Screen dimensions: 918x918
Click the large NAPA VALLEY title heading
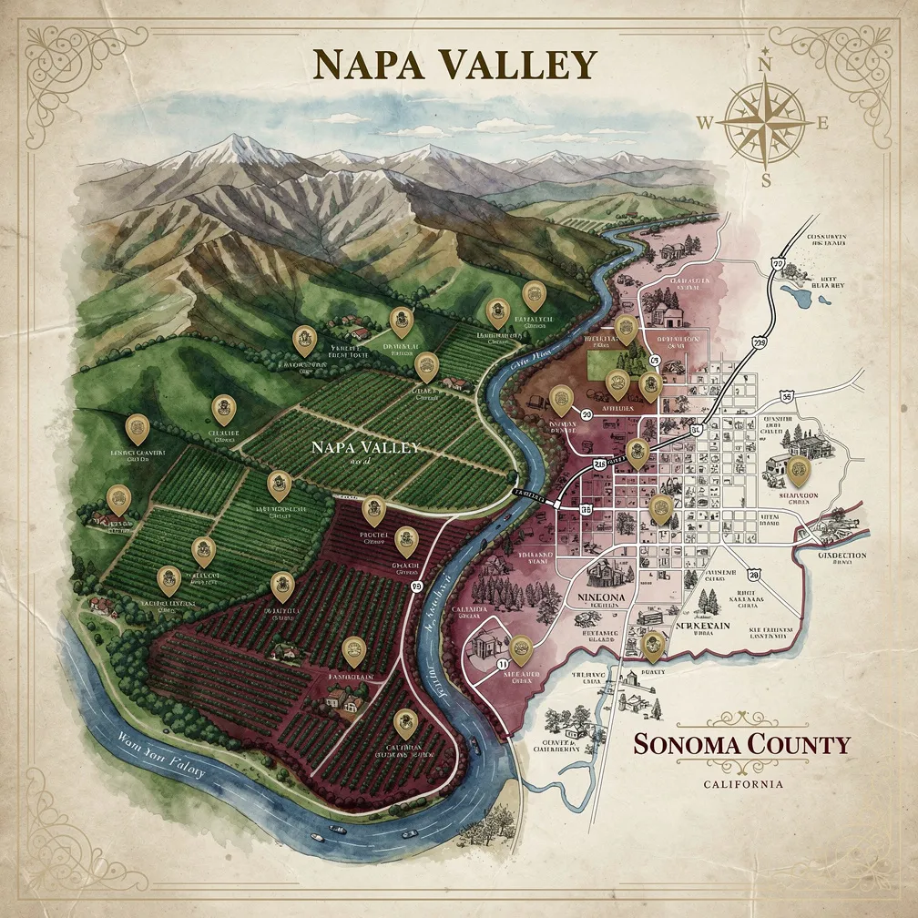click(454, 65)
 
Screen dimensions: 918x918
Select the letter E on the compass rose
click(822, 124)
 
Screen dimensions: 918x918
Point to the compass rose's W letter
click(707, 122)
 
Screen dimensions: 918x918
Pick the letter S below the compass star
click(766, 179)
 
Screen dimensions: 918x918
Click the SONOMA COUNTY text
click(741, 744)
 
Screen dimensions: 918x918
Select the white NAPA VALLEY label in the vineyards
click(364, 448)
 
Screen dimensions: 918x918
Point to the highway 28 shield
click(752, 575)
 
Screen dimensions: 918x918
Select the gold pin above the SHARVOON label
click(800, 469)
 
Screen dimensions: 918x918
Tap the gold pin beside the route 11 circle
click(521, 648)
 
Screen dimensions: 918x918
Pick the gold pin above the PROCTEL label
click(373, 509)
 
